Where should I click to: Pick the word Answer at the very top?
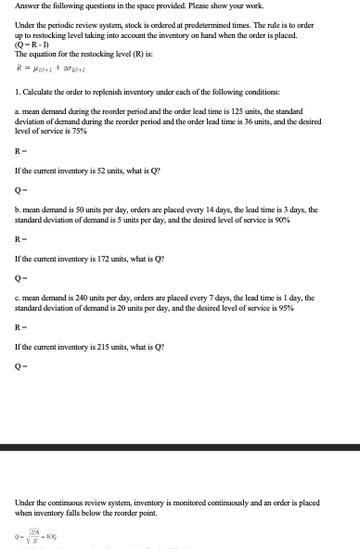tap(28, 6)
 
